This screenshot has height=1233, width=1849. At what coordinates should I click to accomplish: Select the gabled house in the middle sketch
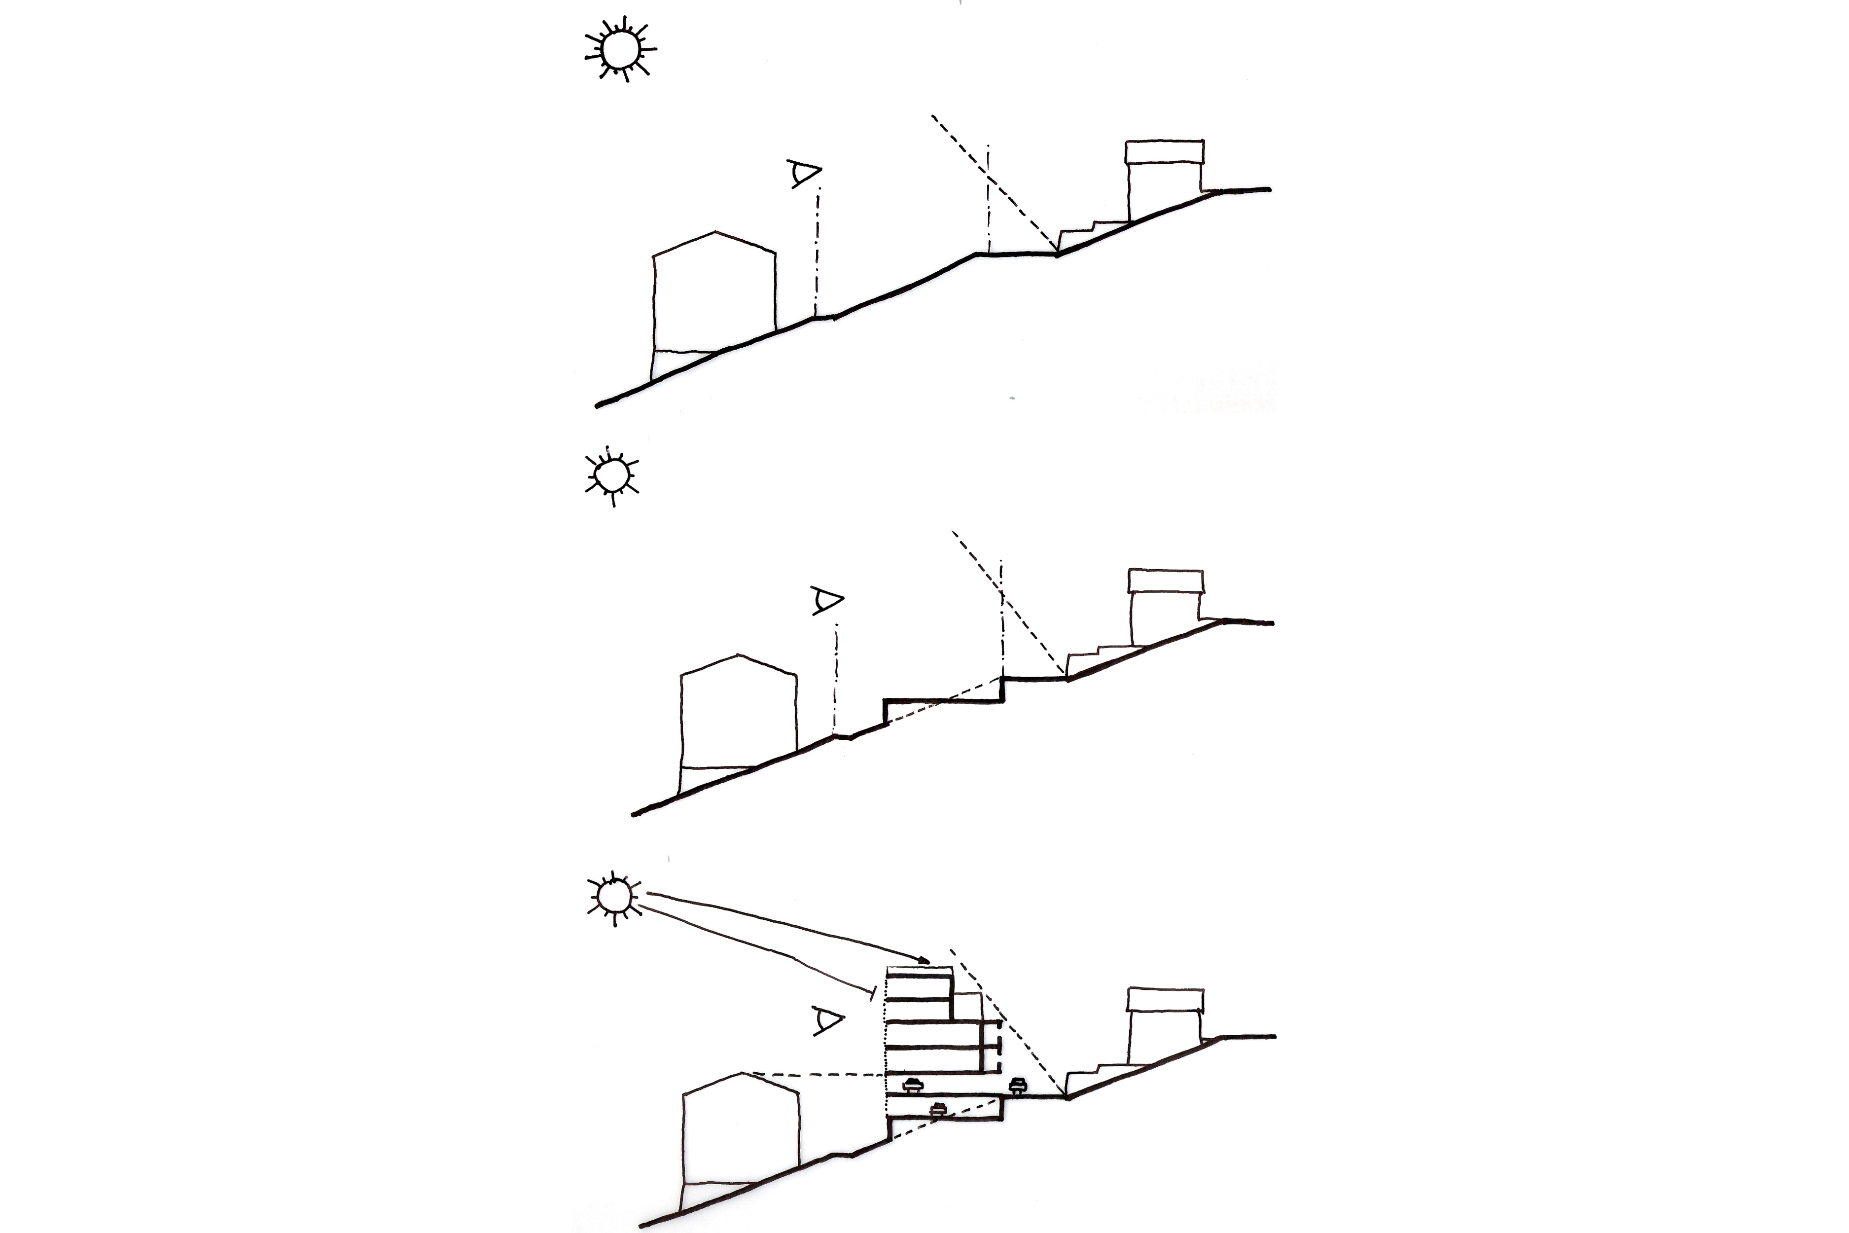(738, 716)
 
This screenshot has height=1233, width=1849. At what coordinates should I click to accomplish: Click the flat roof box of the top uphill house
(1164, 152)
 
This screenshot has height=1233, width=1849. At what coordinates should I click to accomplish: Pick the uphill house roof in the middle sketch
(1166, 581)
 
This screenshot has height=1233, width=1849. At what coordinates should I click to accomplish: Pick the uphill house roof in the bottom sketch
(1165, 999)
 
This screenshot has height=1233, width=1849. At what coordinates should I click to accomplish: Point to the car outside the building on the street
(1018, 1086)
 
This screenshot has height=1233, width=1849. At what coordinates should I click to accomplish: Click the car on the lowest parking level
(937, 1110)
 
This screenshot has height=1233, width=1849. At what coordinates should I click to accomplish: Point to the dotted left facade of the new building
(887, 1038)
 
